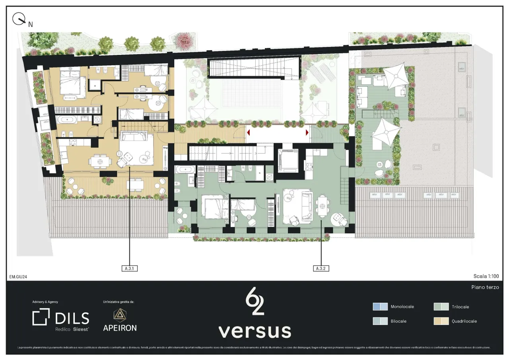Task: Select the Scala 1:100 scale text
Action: pyautogui.click(x=486, y=276)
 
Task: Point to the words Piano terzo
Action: pyautogui.click(x=485, y=287)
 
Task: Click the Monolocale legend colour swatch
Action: pyautogui.click(x=380, y=307)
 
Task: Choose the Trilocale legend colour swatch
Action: pyautogui.click(x=441, y=307)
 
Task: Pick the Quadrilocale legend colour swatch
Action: pyautogui.click(x=441, y=321)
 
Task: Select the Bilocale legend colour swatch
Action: pyautogui.click(x=380, y=321)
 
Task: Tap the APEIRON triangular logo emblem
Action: pyautogui.click(x=119, y=315)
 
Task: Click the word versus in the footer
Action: pyautogui.click(x=254, y=331)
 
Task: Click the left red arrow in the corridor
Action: pyautogui.click(x=248, y=132)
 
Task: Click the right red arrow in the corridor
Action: pyautogui.click(x=307, y=132)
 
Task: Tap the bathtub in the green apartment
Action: pyautogui.click(x=185, y=170)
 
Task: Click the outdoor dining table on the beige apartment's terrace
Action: pyautogui.click(x=135, y=184)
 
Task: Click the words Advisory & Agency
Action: pyautogui.click(x=45, y=302)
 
